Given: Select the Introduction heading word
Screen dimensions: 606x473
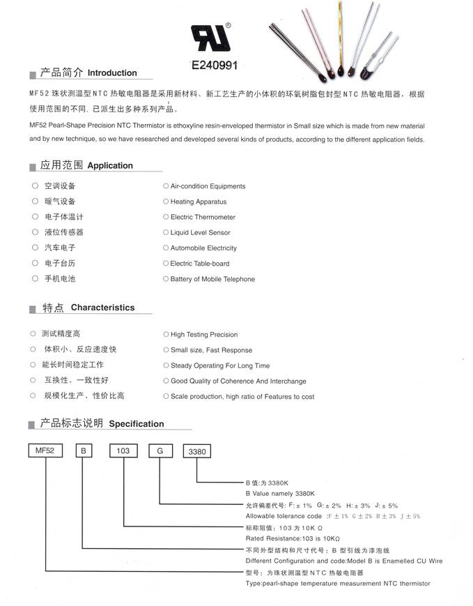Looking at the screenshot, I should point(112,73).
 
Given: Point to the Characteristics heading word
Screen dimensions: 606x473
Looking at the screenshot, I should point(102,308).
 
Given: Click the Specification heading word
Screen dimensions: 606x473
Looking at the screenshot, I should point(137,424).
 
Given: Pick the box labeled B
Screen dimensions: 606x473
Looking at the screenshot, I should point(83,451).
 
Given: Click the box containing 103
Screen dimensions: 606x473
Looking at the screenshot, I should point(123,451).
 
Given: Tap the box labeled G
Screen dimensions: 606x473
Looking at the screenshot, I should point(160,451).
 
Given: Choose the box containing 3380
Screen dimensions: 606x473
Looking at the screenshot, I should point(197,452).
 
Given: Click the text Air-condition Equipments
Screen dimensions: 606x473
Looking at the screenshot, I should point(208,186).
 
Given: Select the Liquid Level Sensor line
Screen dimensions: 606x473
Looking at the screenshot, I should point(200,233).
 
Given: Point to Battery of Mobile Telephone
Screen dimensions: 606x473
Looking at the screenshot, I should point(212,280).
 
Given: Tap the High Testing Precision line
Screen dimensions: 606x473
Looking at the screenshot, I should point(204,335).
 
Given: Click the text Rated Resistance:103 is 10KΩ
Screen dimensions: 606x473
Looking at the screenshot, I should point(293,538).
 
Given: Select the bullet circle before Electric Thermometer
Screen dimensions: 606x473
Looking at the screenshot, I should point(166,217).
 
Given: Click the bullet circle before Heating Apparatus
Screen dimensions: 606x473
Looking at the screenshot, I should point(166,202).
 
